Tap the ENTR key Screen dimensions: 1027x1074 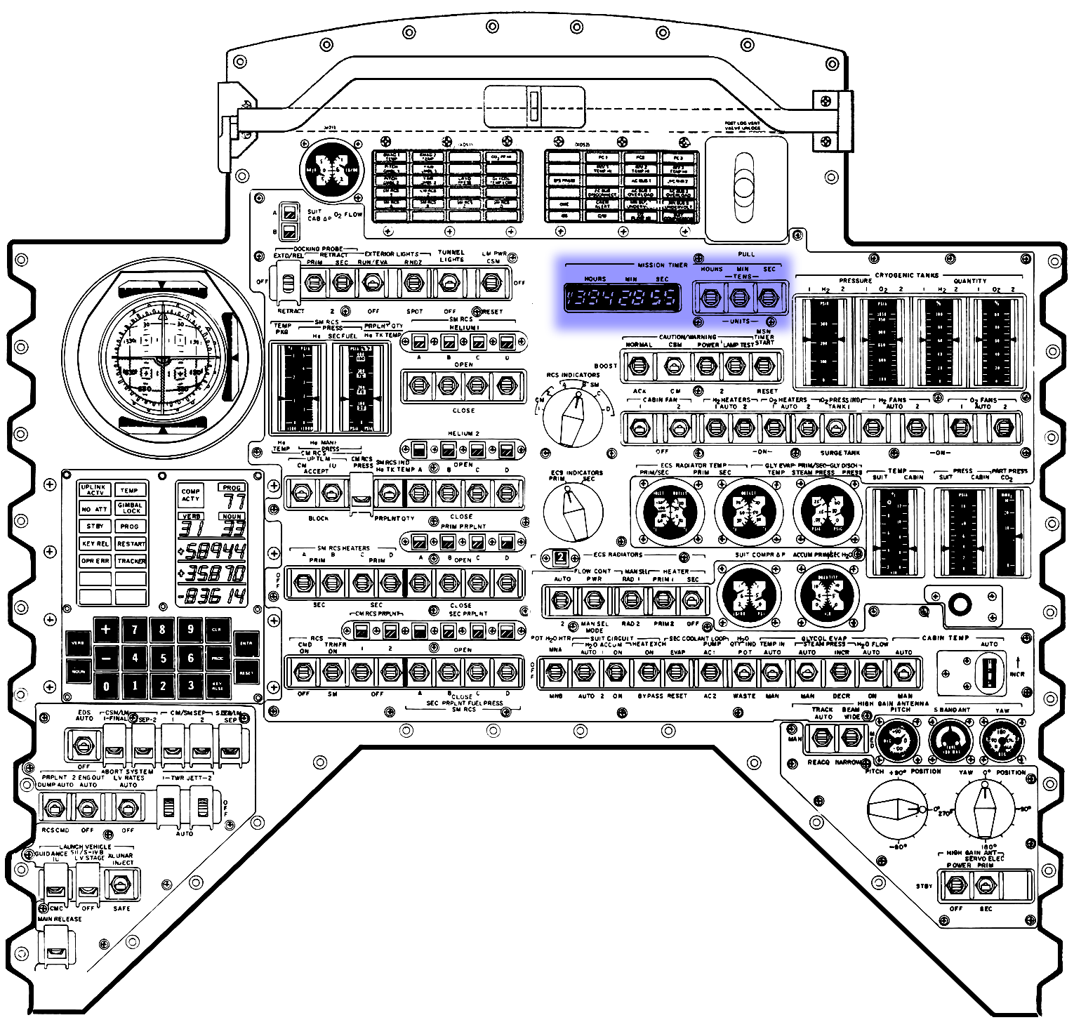pos(246,643)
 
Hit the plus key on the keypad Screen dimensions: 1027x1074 pos(106,629)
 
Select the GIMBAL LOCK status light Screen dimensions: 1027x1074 pos(131,508)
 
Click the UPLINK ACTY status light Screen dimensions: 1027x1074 pos(94,490)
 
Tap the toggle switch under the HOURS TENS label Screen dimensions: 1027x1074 pos(710,298)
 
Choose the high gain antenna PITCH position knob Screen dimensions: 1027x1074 pos(894,810)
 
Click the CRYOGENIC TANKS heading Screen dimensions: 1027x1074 pos(907,275)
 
